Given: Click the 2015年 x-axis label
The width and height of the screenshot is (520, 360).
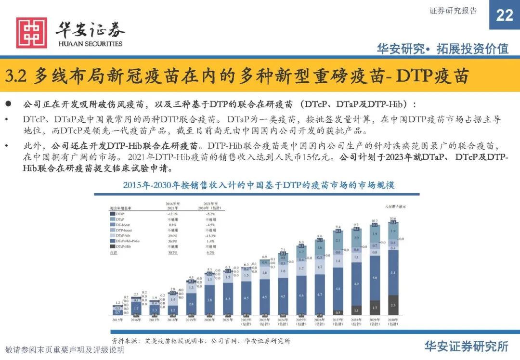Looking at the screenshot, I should (117, 320).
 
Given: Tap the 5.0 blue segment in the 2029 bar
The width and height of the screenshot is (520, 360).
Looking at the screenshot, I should (375, 278).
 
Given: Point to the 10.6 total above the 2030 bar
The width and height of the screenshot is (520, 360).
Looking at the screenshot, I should (393, 218).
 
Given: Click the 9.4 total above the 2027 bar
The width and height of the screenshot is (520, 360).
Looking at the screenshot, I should (338, 226).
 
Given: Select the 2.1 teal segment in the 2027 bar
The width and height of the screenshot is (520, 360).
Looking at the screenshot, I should (338, 240).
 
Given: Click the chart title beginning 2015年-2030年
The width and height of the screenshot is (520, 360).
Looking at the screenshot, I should (259, 185).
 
